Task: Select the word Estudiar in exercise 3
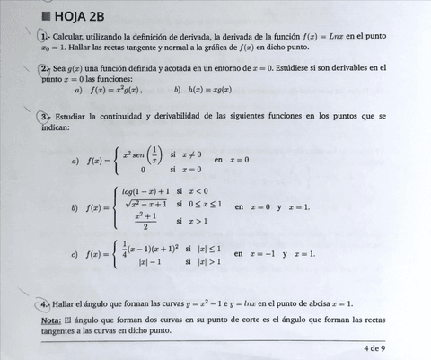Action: click(74, 117)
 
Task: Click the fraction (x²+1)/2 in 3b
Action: click(145, 221)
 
